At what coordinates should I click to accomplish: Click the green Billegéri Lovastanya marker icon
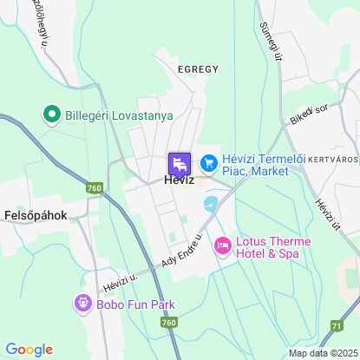(51, 114)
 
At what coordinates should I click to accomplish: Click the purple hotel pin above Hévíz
(180, 163)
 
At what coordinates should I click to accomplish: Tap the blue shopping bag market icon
(208, 162)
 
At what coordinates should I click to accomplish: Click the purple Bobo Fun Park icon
(82, 304)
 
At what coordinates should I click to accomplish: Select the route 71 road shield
(336, 326)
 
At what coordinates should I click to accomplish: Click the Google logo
(29, 350)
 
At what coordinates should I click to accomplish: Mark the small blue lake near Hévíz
(210, 204)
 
